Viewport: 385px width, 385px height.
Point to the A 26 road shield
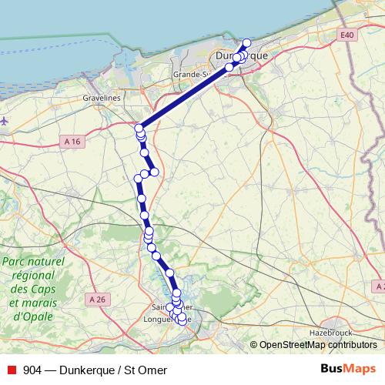point(96,299)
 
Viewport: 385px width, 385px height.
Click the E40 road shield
point(348,35)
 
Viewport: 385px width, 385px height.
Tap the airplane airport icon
point(5,121)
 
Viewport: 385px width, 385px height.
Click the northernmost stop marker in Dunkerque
point(247,43)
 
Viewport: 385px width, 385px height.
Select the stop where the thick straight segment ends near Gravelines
point(139,128)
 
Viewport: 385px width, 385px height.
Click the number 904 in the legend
point(32,370)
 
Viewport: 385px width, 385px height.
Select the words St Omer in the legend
point(146,370)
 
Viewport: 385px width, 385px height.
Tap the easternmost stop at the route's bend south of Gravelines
point(154,171)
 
